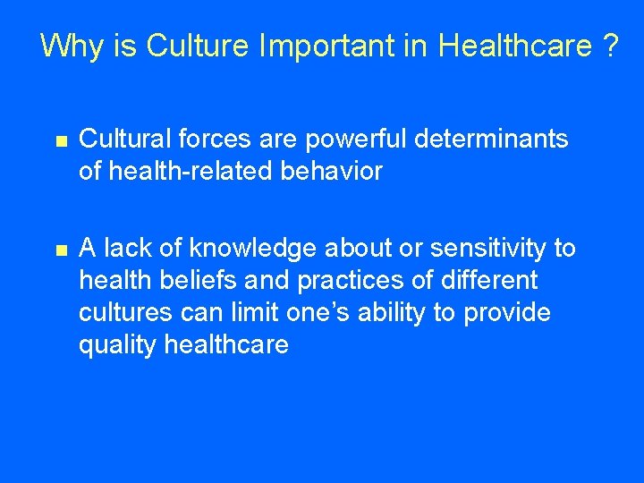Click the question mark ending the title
point(610,45)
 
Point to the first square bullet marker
point(60,140)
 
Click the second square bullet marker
point(60,250)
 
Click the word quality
point(118,345)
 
